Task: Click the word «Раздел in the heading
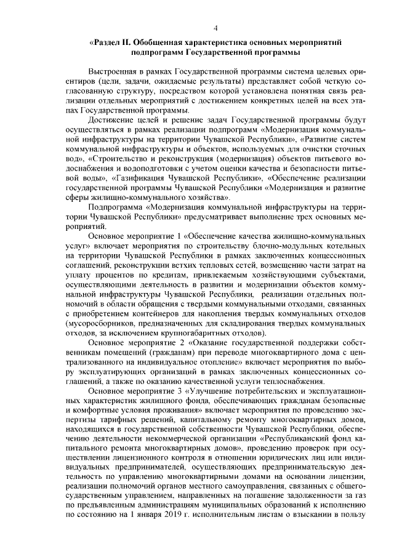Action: (108, 41)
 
